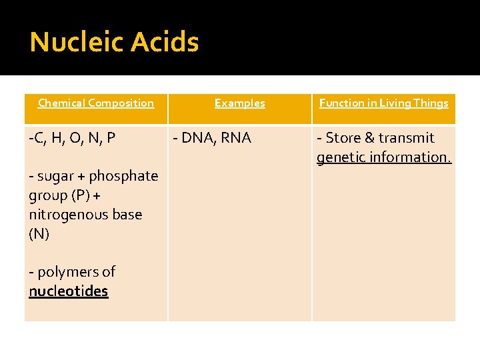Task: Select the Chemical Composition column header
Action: point(96,103)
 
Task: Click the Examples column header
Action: point(239,103)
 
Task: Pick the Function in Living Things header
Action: point(383,103)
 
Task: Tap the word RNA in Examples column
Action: point(237,138)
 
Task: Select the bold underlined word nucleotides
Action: point(69,291)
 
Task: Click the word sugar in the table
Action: point(56,176)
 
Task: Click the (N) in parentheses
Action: point(39,234)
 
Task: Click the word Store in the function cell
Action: point(343,138)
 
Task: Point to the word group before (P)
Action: point(48,195)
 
